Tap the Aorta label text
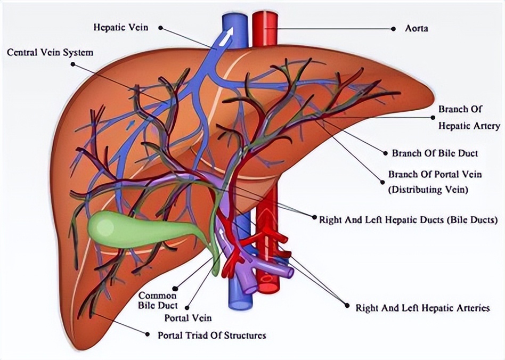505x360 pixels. tap(417, 28)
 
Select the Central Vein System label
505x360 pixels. tap(50, 53)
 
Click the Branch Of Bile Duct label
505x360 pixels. tap(435, 153)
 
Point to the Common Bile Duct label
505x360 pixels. tap(158, 300)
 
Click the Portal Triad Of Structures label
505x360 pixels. tap(212, 336)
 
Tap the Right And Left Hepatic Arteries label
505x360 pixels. tap(422, 307)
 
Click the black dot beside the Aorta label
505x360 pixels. tap(394, 28)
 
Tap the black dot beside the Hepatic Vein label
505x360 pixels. tap(160, 27)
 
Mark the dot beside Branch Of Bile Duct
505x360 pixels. tap(386, 153)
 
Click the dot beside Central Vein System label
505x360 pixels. tap(72, 64)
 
